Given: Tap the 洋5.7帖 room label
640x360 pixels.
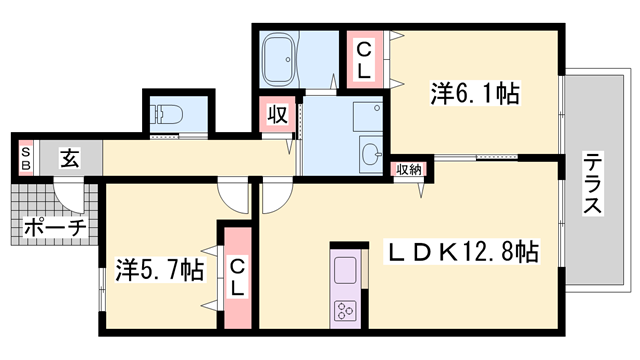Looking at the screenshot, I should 160,269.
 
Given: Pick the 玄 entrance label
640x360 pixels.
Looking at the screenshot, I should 68,157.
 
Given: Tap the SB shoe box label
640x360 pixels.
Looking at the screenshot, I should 26,157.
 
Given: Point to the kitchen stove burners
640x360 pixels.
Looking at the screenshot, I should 347,309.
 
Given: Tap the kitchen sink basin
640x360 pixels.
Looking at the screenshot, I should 345,271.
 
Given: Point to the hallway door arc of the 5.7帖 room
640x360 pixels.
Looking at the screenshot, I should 234,193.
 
